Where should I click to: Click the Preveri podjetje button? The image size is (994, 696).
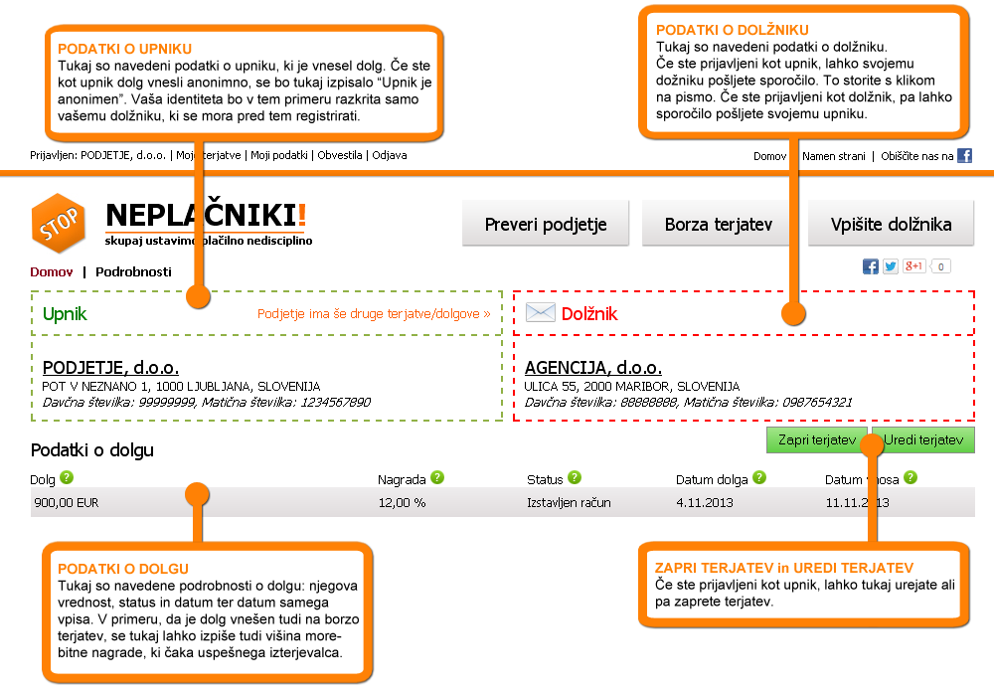tap(546, 224)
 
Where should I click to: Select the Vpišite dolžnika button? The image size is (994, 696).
tap(892, 224)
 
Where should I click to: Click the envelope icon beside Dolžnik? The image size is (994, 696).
tap(540, 313)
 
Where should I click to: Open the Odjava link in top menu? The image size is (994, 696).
tap(390, 155)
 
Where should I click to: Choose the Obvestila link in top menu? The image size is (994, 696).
tap(340, 155)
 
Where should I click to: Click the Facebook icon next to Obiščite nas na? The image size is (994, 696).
tap(964, 155)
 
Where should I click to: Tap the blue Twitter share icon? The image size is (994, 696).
tap(891, 266)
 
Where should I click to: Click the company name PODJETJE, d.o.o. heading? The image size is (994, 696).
tap(110, 368)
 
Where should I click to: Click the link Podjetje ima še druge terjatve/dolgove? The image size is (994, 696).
tap(374, 314)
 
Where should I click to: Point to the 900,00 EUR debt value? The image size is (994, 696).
tap(67, 503)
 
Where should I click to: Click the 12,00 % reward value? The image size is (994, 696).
tap(402, 503)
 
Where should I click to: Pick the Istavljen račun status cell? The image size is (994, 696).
tap(569, 503)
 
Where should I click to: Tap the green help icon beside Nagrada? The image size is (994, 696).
tap(437, 478)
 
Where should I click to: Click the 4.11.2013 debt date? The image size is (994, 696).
tap(705, 503)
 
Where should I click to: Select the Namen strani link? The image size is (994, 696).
tap(834, 156)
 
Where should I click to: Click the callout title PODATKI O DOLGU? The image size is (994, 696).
tap(123, 569)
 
